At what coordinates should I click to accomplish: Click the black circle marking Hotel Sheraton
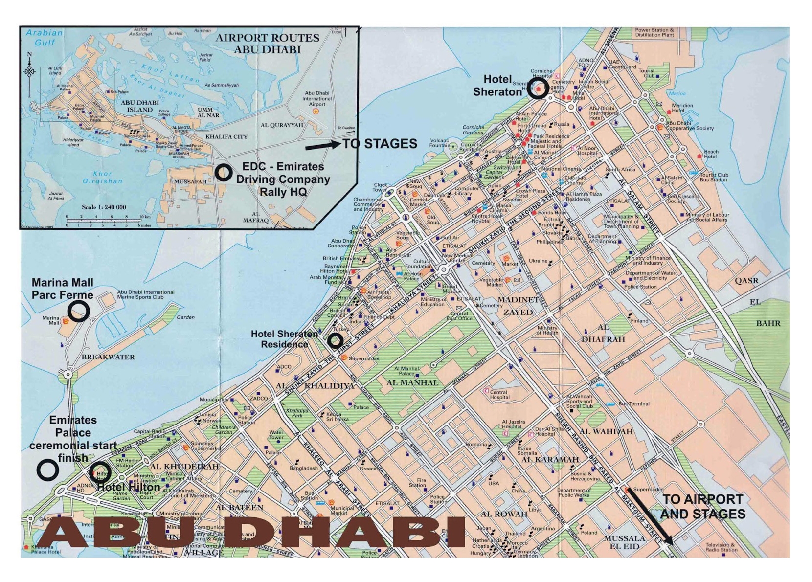pyautogui.click(x=538, y=90)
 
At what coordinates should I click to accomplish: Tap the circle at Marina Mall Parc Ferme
pyautogui.click(x=78, y=311)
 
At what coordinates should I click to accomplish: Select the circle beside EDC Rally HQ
pyautogui.click(x=224, y=172)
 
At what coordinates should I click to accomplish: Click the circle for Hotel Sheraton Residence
pyautogui.click(x=335, y=340)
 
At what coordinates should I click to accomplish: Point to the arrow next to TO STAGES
pyautogui.click(x=323, y=146)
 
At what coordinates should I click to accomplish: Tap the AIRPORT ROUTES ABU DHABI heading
pyautogui.click(x=268, y=44)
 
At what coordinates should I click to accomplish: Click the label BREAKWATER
pyautogui.click(x=108, y=357)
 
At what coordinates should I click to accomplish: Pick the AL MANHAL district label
pyautogui.click(x=412, y=382)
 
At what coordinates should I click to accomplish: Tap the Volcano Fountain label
pyautogui.click(x=439, y=143)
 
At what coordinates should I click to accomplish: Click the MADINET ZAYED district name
pyautogui.click(x=518, y=306)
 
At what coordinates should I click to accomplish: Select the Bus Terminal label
pyautogui.click(x=633, y=404)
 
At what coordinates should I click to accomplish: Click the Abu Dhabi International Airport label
pyautogui.click(x=317, y=98)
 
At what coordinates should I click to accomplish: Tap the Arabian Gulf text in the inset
pyautogui.click(x=44, y=38)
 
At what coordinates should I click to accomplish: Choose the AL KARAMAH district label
pyautogui.click(x=550, y=460)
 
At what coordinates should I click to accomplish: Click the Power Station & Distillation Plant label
pyautogui.click(x=654, y=32)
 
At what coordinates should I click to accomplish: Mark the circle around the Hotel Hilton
pyautogui.click(x=101, y=472)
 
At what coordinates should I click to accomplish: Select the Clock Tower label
pyautogui.click(x=380, y=187)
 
